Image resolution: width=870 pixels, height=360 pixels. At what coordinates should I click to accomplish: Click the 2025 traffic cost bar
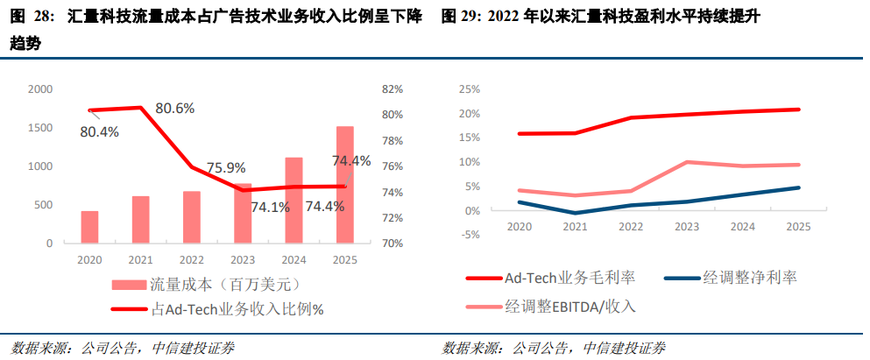345,184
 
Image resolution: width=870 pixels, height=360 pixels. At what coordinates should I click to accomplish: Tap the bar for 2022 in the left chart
192,216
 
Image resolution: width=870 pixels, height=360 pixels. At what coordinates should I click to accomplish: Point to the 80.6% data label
175,108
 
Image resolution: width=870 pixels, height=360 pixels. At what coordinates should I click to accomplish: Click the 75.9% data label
226,167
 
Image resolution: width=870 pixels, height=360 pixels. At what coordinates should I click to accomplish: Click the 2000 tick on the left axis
40,89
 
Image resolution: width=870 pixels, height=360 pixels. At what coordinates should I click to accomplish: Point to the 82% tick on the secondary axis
392,89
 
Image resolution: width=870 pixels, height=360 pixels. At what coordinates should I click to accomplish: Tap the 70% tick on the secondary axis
392,243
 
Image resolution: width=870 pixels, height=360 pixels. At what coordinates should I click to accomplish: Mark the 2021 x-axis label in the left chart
140,260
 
